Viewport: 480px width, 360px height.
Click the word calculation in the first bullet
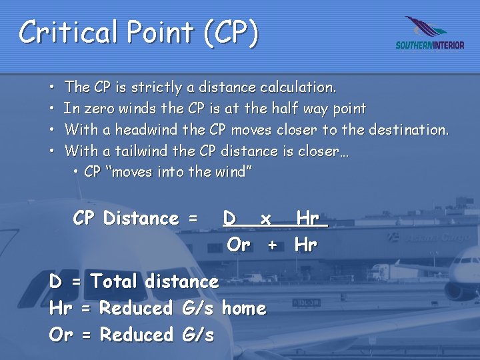(298, 87)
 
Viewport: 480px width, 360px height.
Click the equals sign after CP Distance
(193, 219)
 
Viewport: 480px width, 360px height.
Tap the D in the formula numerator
(229, 219)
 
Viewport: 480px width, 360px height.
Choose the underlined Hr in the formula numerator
(307, 219)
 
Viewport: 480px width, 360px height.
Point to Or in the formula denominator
(239, 245)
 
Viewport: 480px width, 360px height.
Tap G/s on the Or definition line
(197, 335)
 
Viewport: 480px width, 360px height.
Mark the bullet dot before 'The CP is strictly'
(52, 88)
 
